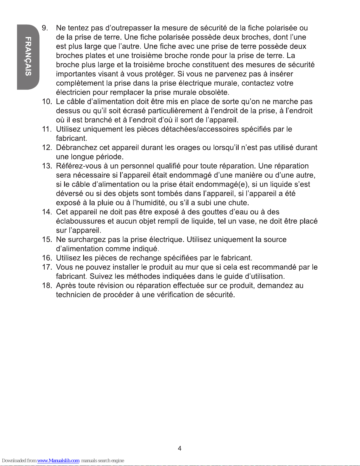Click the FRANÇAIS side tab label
click(x=28, y=56)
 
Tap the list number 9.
click(x=45, y=28)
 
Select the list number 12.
click(x=47, y=147)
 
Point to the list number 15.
click(x=47, y=239)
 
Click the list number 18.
click(x=47, y=285)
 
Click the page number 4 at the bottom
click(x=180, y=448)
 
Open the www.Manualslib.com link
click(x=58, y=461)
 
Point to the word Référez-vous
click(x=76, y=166)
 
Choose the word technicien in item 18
click(x=73, y=295)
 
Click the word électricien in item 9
click(x=73, y=92)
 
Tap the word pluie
click(x=106, y=203)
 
